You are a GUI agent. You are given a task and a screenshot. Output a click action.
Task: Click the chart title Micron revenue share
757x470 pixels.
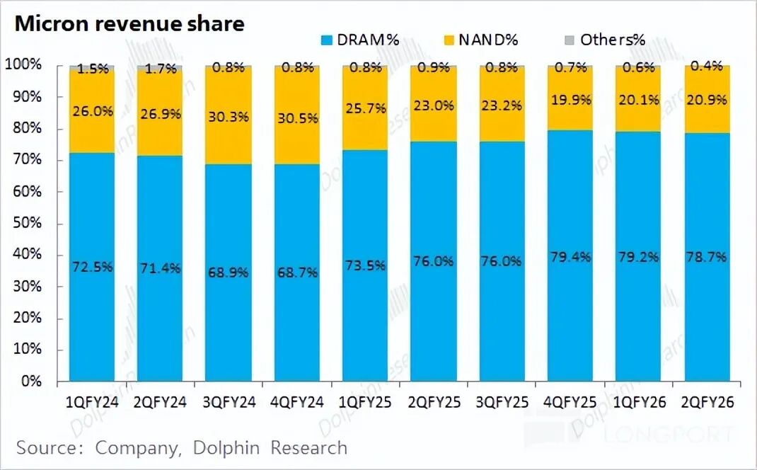(129, 23)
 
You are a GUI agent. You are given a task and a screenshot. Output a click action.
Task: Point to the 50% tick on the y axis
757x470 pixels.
(26, 224)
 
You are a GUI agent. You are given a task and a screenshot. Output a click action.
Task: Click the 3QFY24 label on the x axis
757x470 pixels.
(229, 403)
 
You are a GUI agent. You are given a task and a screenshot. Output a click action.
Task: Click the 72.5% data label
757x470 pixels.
(92, 267)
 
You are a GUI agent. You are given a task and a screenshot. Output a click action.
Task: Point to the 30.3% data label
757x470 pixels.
(229, 117)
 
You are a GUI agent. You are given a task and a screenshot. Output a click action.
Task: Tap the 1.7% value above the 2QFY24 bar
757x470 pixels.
(161, 69)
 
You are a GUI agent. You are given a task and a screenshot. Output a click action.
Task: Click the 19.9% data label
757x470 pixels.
(570, 99)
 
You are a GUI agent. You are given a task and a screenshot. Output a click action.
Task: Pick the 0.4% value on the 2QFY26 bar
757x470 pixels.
(706, 66)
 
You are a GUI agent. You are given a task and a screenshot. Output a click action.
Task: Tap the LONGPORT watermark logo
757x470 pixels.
(665, 432)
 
